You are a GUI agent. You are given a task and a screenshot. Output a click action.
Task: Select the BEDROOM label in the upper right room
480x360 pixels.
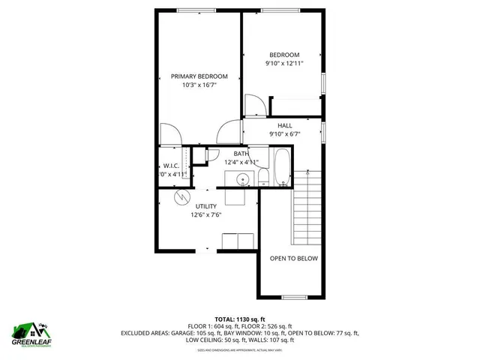(284, 55)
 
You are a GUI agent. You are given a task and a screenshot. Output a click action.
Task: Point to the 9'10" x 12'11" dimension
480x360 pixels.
(284, 64)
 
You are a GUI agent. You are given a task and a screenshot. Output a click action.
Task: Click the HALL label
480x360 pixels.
(284, 125)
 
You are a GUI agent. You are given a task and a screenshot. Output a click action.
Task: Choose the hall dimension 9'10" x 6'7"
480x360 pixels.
(284, 134)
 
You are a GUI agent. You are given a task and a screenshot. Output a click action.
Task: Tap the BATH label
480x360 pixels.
(241, 154)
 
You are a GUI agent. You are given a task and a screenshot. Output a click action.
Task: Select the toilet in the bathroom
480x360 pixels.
(264, 176)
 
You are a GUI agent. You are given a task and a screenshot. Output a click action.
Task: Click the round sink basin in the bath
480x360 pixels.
(243, 179)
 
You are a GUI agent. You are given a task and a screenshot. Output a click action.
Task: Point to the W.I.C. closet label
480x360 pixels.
(172, 166)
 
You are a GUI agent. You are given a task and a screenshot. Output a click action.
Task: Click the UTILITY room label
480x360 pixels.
(206, 206)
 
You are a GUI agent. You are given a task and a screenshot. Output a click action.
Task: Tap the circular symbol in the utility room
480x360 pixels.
(181, 198)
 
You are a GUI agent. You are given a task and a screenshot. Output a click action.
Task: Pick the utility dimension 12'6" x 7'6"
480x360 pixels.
(206, 215)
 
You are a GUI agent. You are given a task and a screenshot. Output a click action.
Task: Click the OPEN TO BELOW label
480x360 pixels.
(294, 259)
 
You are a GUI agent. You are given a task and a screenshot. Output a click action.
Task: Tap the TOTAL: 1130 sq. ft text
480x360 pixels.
(240, 319)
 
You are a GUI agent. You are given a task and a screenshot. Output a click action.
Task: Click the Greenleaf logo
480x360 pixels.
(31, 333)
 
